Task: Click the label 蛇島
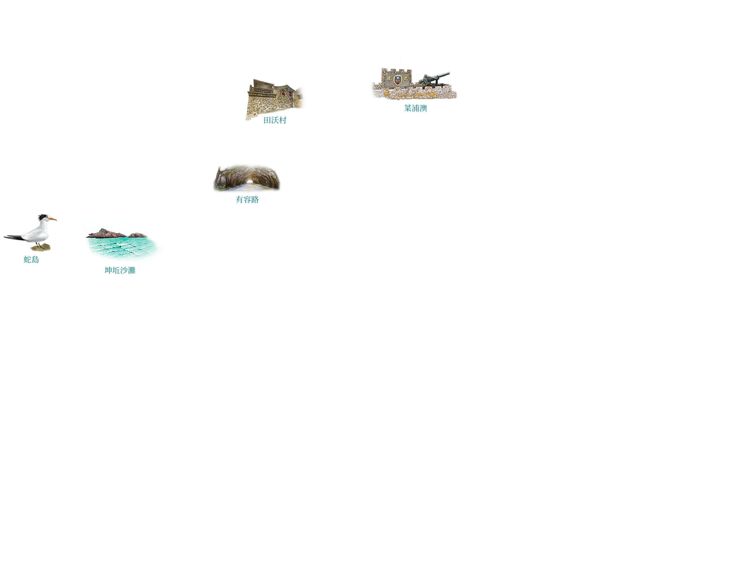[x=31, y=259]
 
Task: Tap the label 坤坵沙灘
[x=120, y=270]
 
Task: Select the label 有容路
[x=247, y=199]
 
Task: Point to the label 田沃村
[x=275, y=120]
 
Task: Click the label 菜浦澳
[x=415, y=108]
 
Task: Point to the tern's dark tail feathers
[x=12, y=237]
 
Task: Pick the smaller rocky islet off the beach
[x=138, y=235]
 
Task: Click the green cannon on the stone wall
[x=433, y=79]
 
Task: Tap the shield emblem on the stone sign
[x=397, y=80]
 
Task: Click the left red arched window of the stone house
[x=283, y=93]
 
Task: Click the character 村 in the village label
[x=282, y=120]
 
